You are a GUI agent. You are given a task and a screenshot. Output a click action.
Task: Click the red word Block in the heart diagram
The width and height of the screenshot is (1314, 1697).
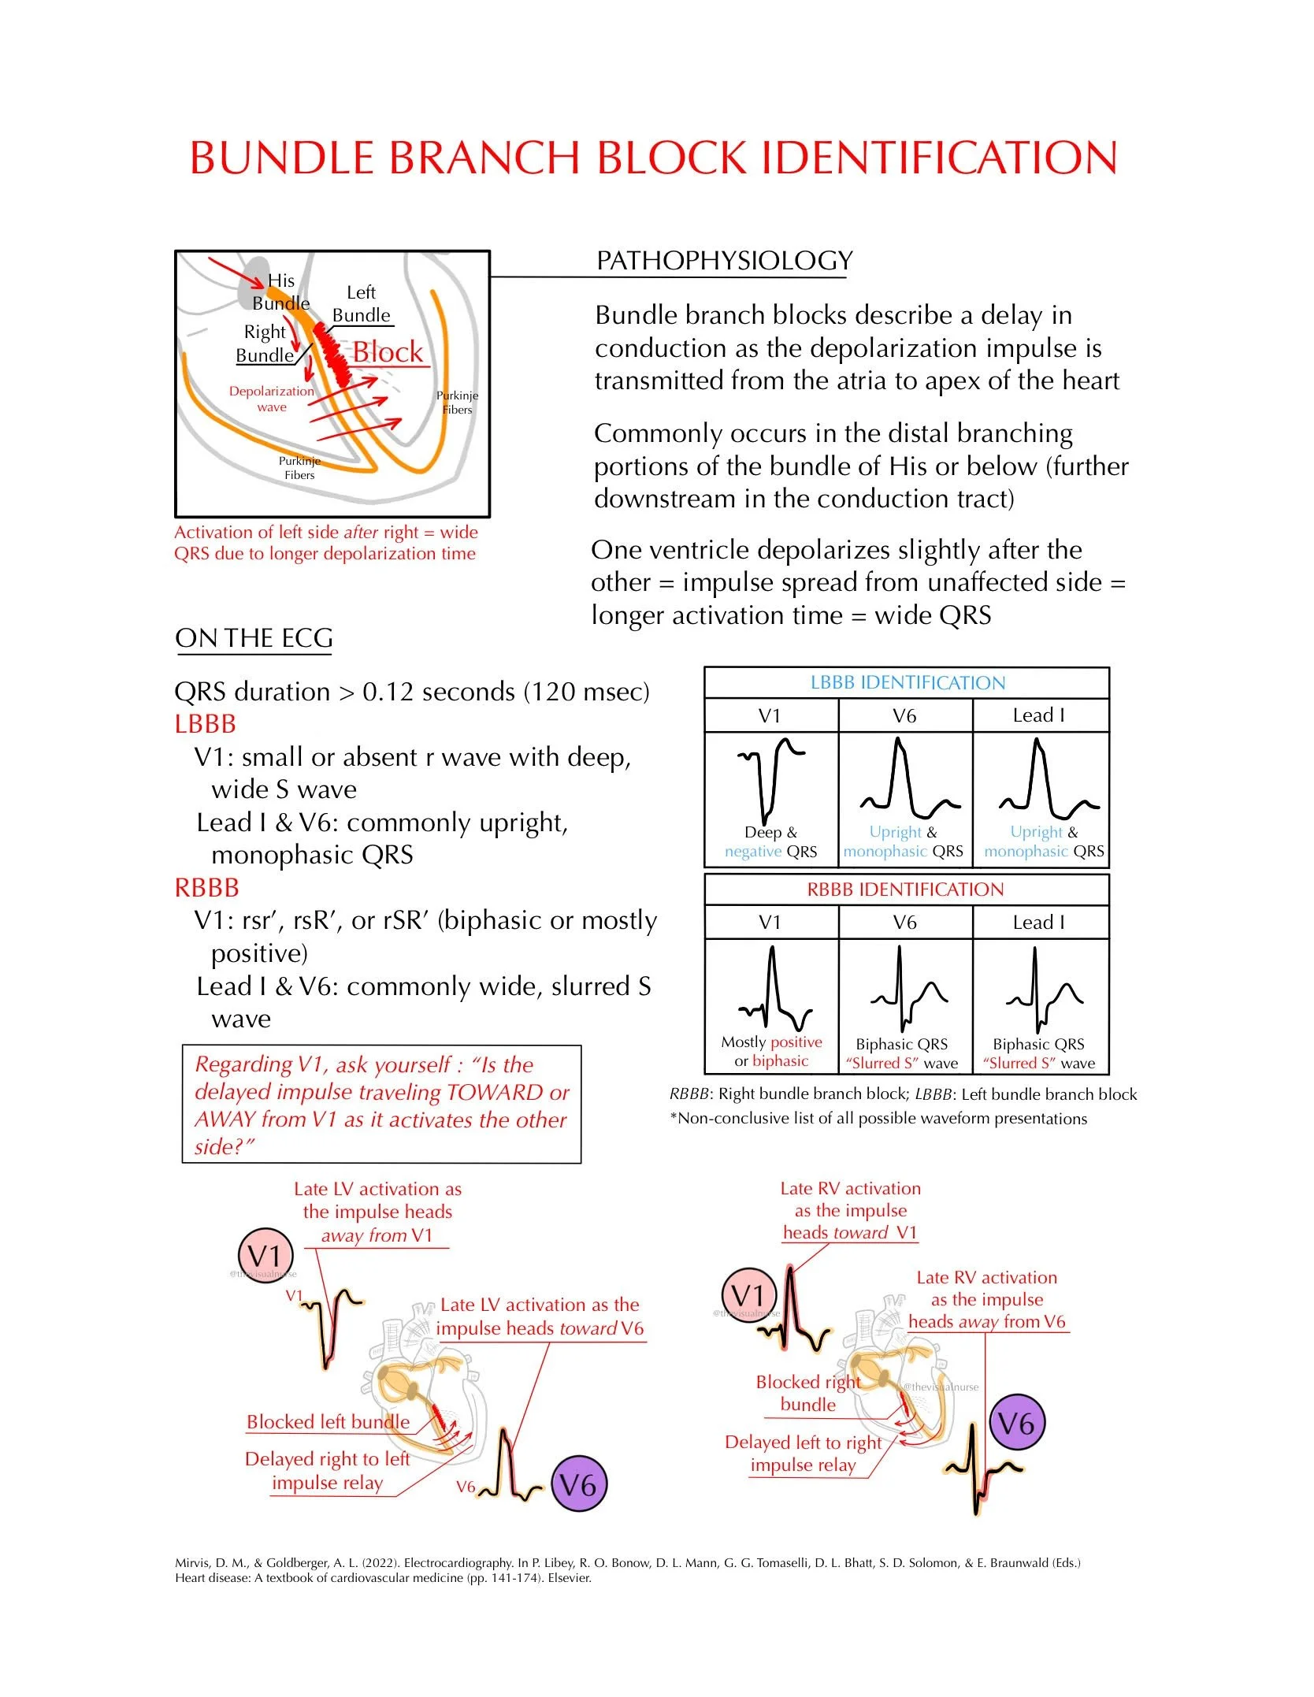388,352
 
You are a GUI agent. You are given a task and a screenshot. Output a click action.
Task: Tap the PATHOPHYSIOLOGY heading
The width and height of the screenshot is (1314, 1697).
724,261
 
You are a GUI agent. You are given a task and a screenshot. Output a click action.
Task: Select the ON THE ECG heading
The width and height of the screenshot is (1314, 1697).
254,638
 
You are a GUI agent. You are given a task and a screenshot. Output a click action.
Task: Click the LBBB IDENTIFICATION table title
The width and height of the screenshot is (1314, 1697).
908,683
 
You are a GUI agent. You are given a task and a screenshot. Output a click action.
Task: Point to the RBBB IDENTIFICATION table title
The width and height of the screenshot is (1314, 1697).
905,889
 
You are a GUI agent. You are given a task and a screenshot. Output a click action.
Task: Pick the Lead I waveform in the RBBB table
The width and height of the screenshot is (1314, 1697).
1041,989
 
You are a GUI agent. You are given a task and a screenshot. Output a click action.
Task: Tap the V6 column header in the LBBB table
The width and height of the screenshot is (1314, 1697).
904,715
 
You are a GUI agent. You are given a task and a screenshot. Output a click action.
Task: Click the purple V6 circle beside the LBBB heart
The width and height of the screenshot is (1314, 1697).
578,1485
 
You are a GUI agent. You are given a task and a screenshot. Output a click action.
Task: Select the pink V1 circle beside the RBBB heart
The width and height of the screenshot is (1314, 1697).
748,1295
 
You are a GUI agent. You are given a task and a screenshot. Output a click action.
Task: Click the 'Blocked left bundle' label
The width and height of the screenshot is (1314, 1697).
328,1421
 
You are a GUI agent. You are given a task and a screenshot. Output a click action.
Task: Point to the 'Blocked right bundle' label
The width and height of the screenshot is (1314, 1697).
808,1393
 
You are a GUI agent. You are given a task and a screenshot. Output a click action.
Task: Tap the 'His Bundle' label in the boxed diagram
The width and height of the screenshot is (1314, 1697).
280,291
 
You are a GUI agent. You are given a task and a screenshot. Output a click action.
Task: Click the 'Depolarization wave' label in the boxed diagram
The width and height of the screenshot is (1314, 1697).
271,399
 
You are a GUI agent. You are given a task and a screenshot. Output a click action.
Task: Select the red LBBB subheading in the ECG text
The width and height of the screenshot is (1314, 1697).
205,724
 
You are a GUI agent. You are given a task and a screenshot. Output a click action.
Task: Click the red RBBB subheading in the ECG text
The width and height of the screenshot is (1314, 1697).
206,888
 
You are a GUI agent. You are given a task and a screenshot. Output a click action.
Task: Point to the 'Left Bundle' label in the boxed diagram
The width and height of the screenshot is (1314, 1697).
361,303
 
